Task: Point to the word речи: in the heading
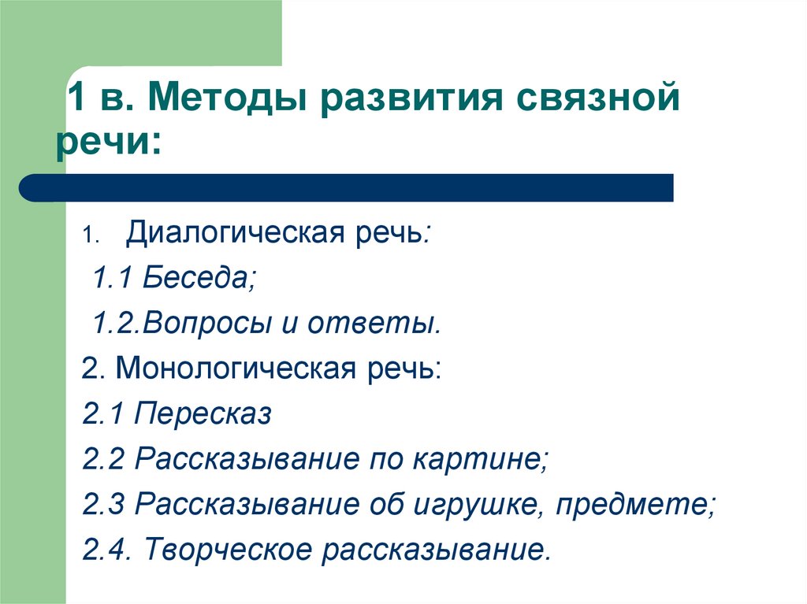(x=109, y=141)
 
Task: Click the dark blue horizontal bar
(x=346, y=187)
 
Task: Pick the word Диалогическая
(x=236, y=233)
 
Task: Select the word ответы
(x=374, y=324)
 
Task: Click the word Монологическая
(x=236, y=369)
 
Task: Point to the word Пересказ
(x=203, y=414)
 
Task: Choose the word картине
(x=480, y=459)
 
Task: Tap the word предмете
(x=636, y=504)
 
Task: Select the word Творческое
(x=229, y=549)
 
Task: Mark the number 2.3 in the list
(x=103, y=504)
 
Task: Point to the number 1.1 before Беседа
(x=113, y=278)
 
